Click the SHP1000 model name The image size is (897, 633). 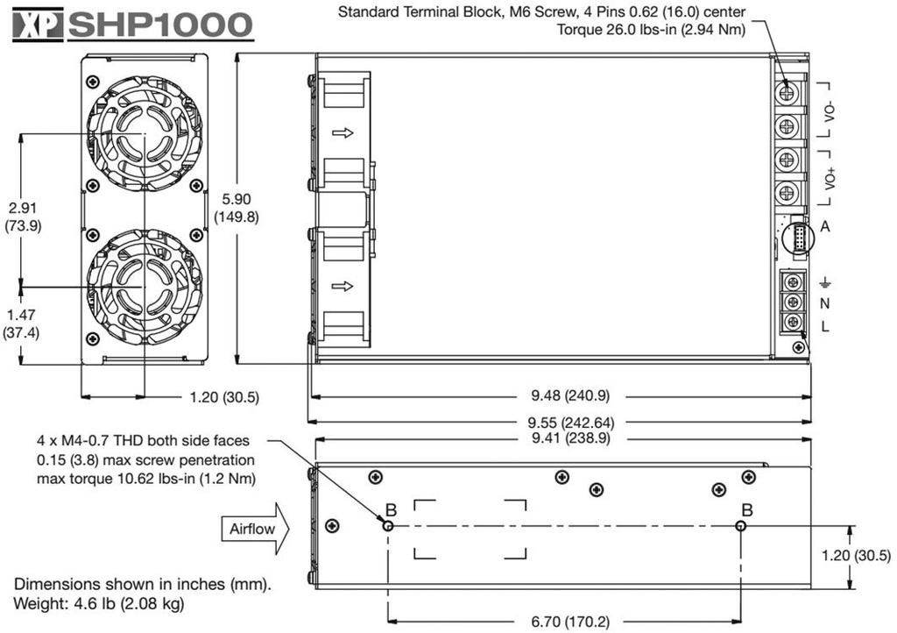pos(160,25)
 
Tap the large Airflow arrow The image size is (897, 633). pos(254,528)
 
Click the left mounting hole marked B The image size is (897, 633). pos(388,525)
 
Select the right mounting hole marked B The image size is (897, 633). pos(741,525)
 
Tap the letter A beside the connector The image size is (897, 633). pos(824,227)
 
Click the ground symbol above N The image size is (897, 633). pos(824,282)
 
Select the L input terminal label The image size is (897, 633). pos(824,325)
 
